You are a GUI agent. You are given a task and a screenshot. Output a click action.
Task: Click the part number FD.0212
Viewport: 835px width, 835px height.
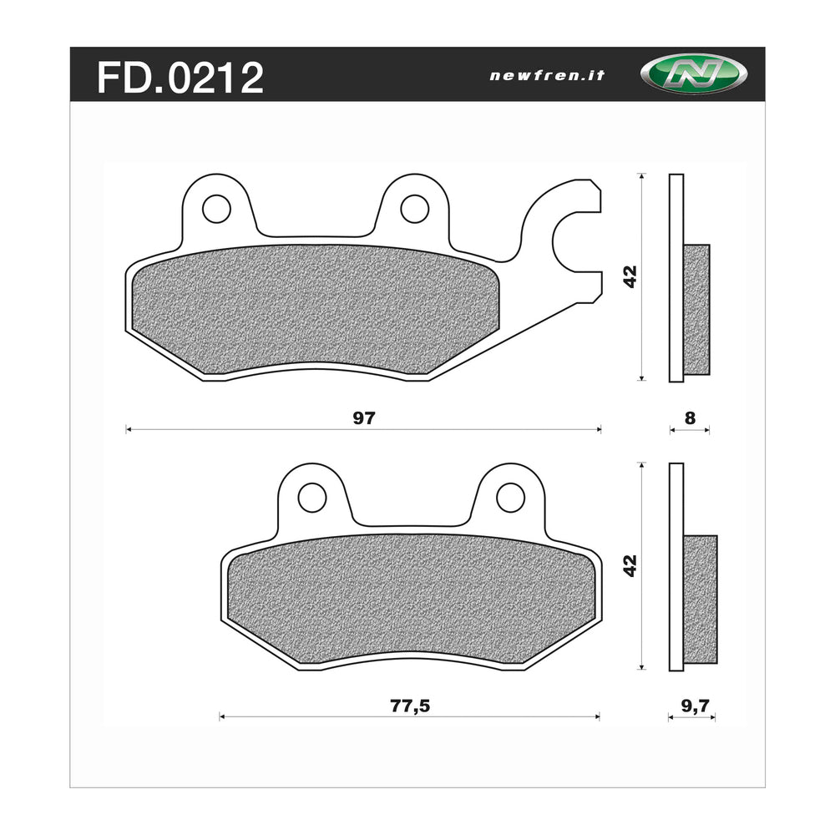180,77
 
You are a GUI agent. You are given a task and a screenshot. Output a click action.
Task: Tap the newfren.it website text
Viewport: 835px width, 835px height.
547,75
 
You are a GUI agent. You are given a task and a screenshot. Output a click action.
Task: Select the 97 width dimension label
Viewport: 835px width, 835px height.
362,419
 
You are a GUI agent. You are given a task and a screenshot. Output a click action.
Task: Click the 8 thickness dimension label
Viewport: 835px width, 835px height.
690,419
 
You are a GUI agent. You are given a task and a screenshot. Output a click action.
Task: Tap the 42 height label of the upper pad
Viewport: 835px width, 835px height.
631,277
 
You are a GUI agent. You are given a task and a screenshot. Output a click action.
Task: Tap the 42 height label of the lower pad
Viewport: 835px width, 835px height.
631,565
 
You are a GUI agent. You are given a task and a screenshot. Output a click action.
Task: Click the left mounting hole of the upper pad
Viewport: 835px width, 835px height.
216,209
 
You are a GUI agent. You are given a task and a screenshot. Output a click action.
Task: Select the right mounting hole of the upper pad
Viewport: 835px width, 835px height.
414,209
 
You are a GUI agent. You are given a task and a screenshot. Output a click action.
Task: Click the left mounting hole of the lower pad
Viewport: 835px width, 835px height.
311,498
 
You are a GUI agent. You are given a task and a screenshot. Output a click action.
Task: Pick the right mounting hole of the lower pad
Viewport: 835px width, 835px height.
510,498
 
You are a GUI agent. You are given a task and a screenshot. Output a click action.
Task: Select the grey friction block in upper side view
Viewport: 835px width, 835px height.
696,310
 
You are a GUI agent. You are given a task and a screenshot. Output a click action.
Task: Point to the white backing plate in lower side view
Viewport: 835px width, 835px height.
676,501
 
